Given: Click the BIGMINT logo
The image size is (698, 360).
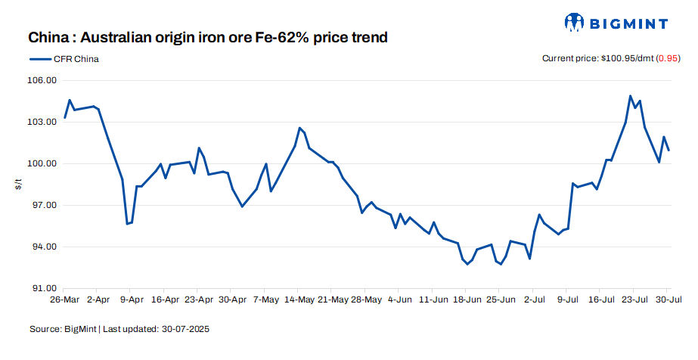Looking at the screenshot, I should point(616,23).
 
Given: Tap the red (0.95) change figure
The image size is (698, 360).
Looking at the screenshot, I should point(669,59).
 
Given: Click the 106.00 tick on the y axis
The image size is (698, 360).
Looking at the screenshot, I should point(42,80).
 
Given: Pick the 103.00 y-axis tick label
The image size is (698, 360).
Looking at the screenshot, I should point(42,122).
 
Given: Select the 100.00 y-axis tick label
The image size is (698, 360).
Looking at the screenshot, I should point(42,163).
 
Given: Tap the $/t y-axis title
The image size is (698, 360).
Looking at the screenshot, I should point(19,184).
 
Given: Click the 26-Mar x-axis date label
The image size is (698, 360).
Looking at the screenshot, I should point(65,300).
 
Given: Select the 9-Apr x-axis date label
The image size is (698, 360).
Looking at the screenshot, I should point(132,300).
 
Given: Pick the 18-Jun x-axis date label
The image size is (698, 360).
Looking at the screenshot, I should point(467,300).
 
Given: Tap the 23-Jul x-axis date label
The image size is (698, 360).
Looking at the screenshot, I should point(634,300).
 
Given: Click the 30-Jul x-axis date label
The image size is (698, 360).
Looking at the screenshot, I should point(667,300).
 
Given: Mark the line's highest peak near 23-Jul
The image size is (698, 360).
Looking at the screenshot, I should point(631,96).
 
